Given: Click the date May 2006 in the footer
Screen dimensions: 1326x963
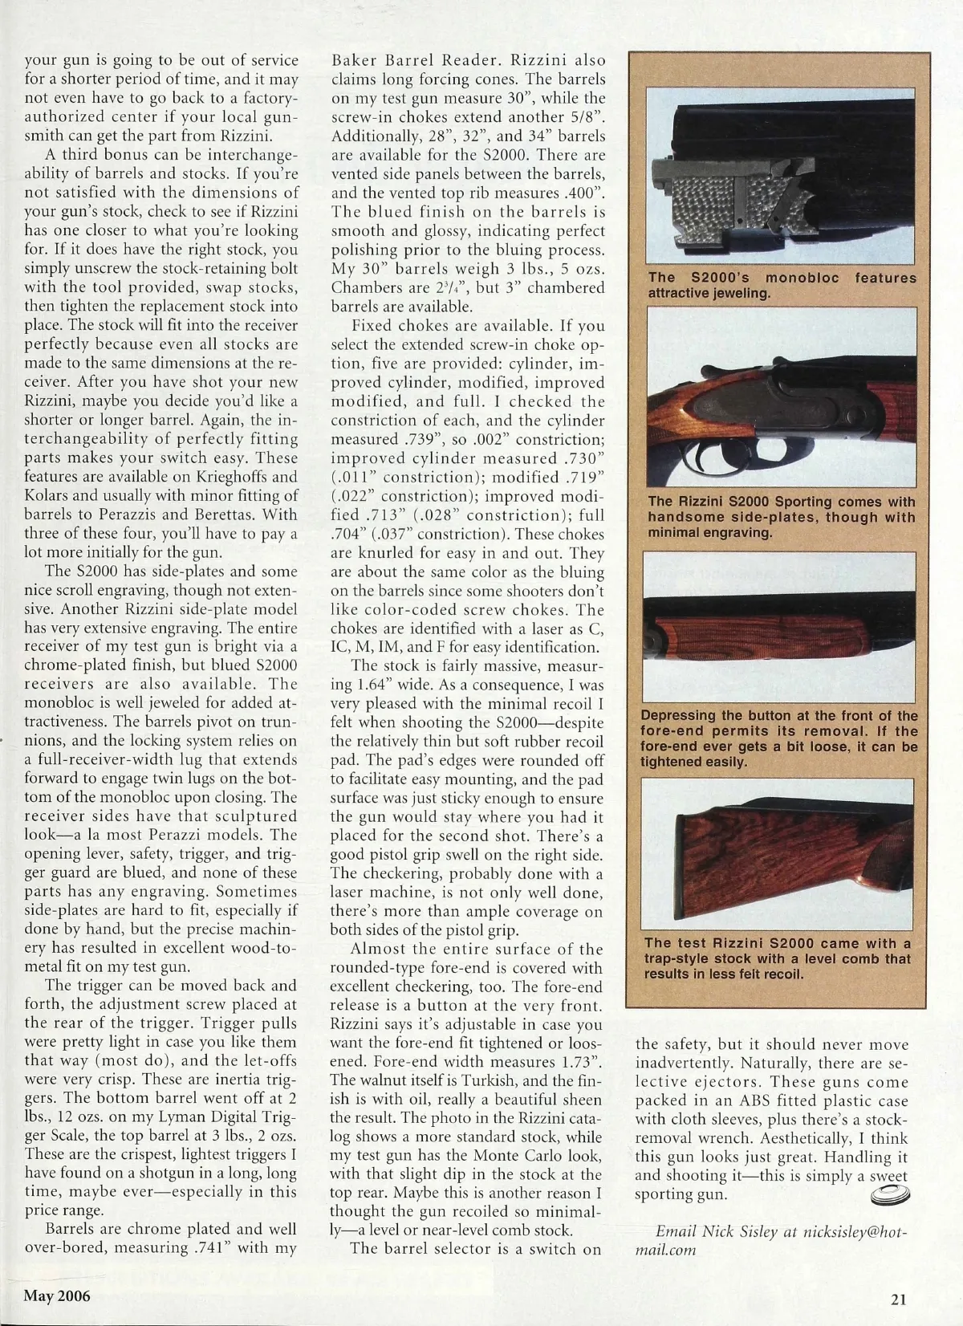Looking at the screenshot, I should click(57, 1296).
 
